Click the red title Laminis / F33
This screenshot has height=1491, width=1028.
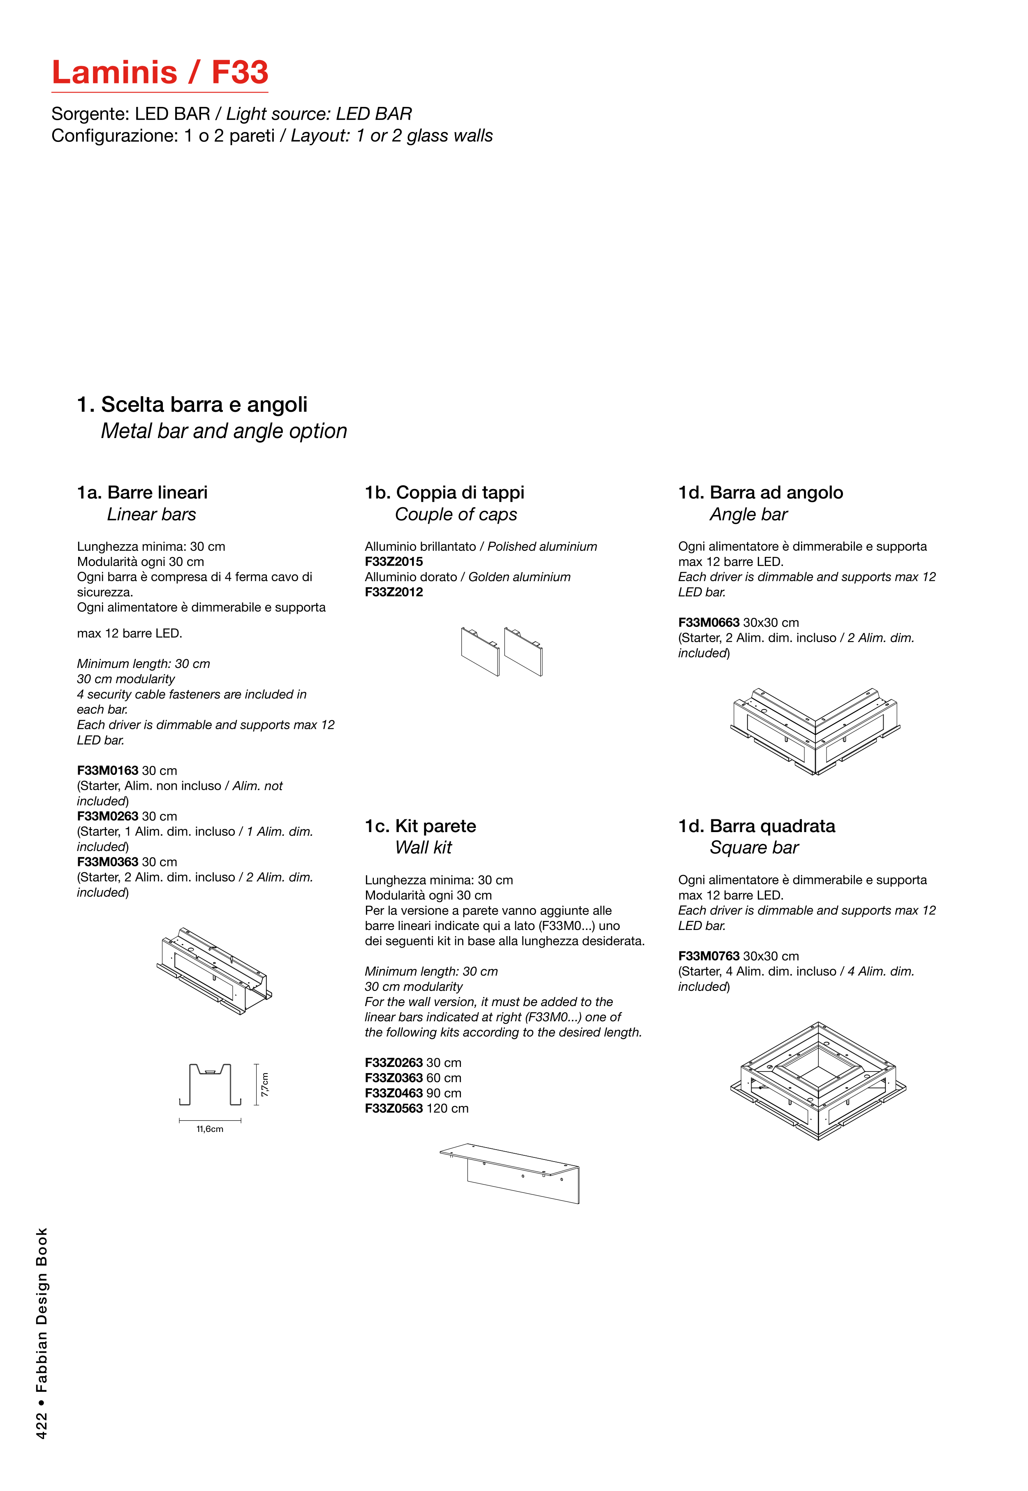(160, 72)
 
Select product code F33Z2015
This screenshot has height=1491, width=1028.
(394, 561)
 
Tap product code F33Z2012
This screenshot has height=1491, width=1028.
(394, 592)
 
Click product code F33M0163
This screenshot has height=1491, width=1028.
(108, 771)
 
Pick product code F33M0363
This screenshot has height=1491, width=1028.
(108, 862)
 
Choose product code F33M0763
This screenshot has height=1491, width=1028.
(708, 956)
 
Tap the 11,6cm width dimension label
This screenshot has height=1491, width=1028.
(210, 1129)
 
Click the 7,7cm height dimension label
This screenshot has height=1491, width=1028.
(265, 1085)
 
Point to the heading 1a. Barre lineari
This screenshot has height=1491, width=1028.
(142, 493)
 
